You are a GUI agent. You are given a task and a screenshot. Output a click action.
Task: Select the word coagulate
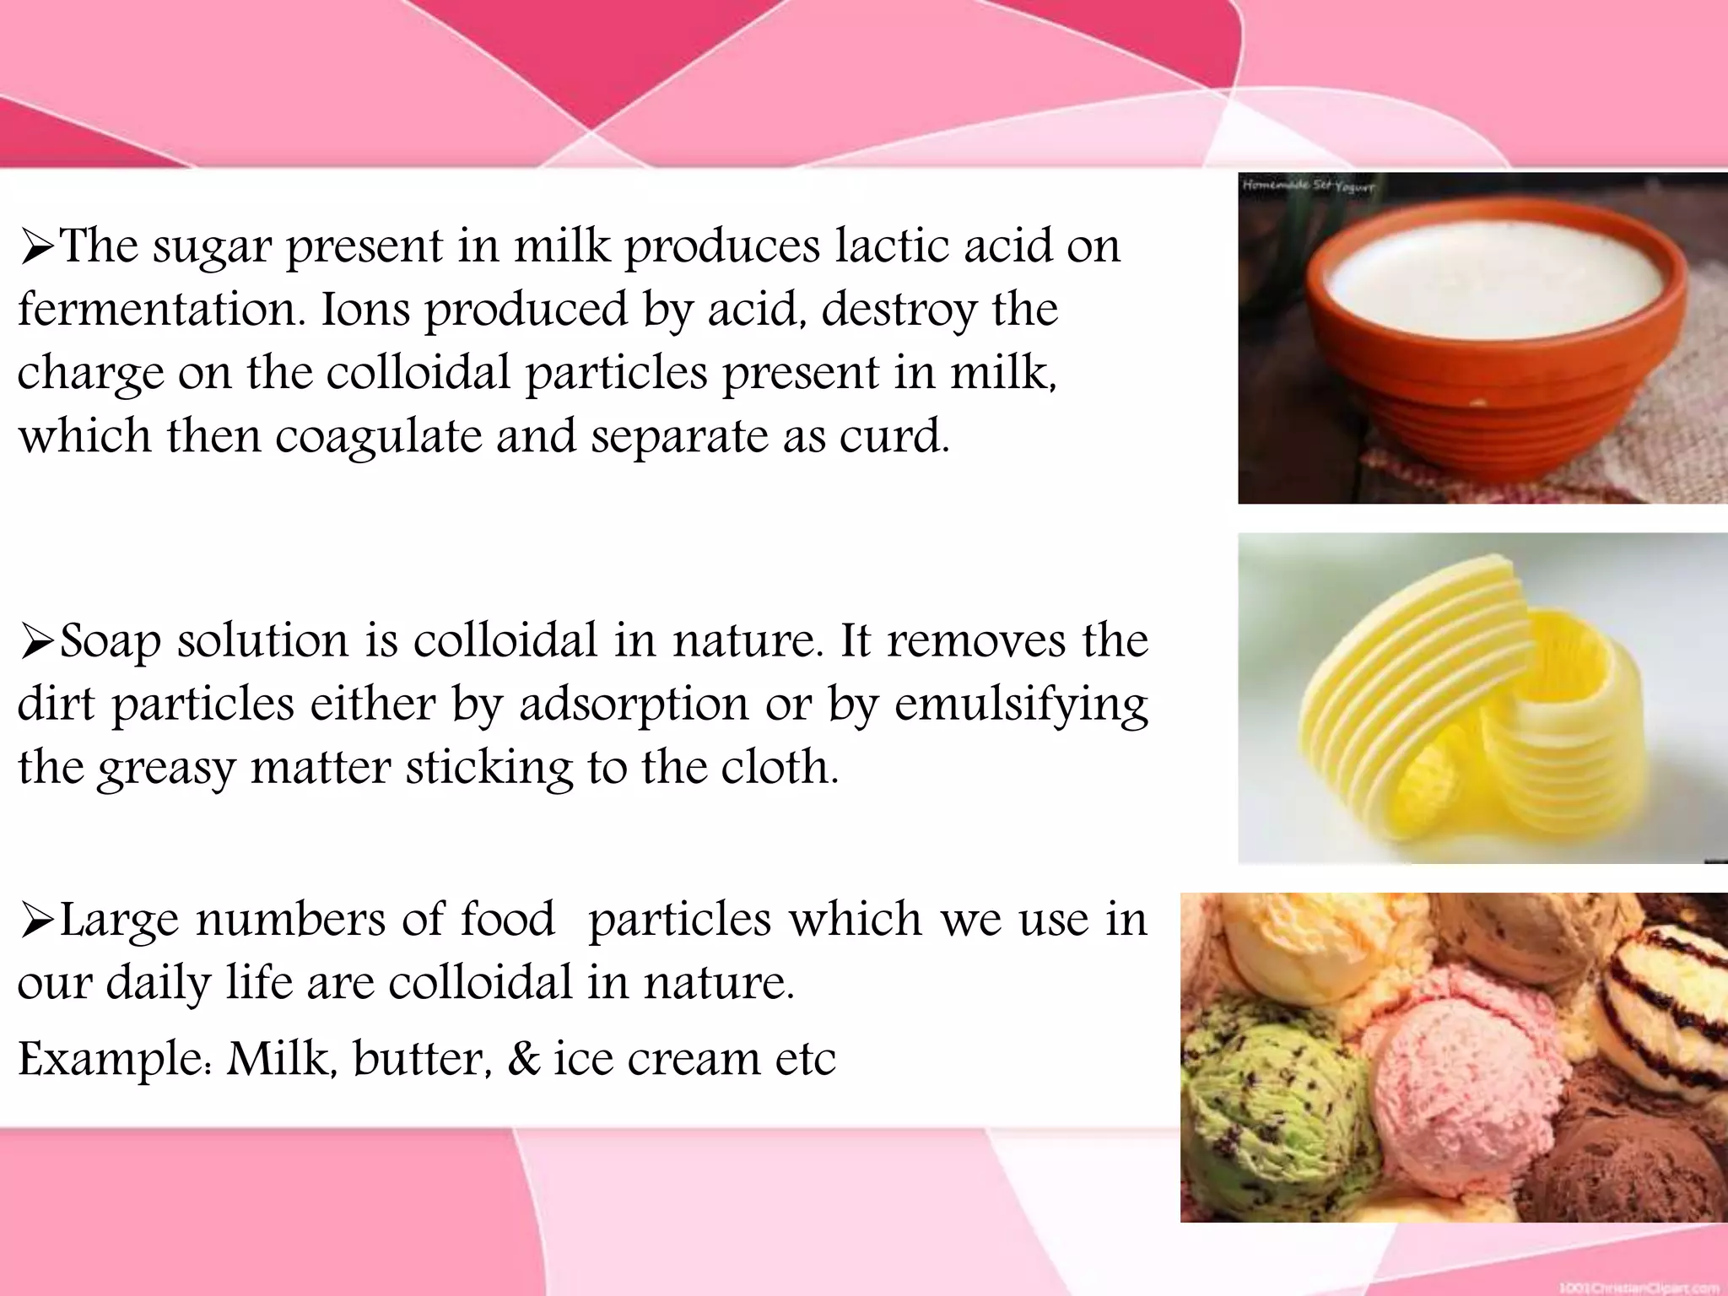click(379, 436)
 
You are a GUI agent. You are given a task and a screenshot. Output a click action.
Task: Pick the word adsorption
click(634, 705)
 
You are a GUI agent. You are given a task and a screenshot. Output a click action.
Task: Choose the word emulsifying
click(1021, 705)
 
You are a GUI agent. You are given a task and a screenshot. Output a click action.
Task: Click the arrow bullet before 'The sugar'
click(37, 248)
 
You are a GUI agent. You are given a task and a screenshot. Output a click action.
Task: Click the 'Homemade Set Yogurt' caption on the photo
click(1307, 186)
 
